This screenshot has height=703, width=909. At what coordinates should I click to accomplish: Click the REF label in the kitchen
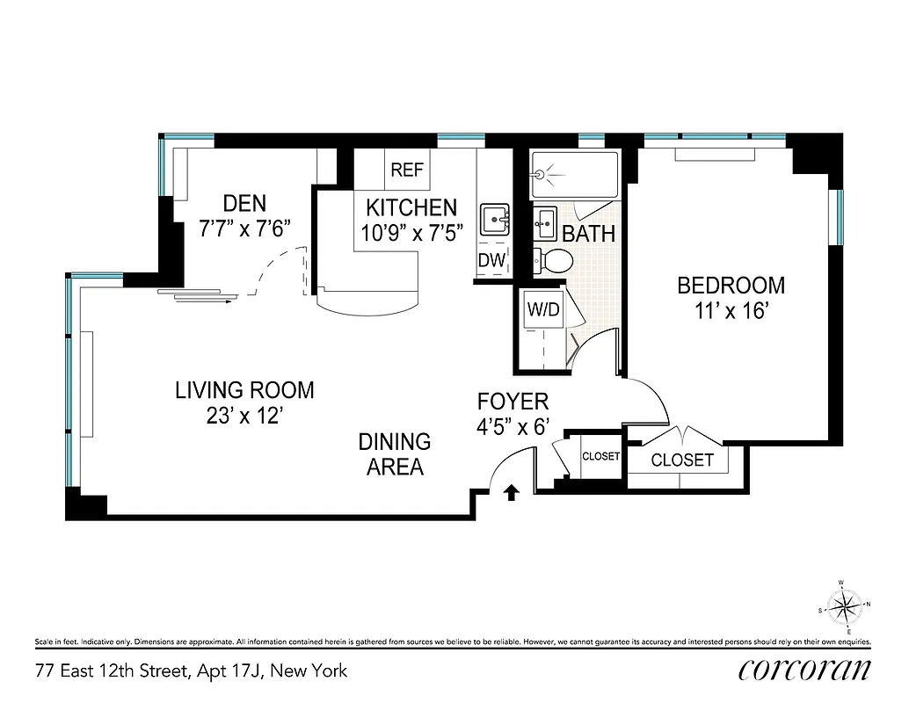[407, 170]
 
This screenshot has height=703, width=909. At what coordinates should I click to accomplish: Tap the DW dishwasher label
[491, 260]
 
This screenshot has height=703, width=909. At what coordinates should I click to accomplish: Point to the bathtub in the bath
[574, 175]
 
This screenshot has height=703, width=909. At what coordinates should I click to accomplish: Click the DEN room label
[244, 204]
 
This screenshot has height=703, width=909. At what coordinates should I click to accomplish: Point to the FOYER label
[513, 402]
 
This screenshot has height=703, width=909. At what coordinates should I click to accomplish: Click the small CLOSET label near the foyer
[601, 457]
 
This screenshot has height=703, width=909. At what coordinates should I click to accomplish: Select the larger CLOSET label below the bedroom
[683, 460]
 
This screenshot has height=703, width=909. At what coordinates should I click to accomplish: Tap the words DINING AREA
[395, 453]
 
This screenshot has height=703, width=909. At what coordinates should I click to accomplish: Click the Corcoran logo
[805, 670]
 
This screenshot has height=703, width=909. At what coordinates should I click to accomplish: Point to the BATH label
[588, 235]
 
